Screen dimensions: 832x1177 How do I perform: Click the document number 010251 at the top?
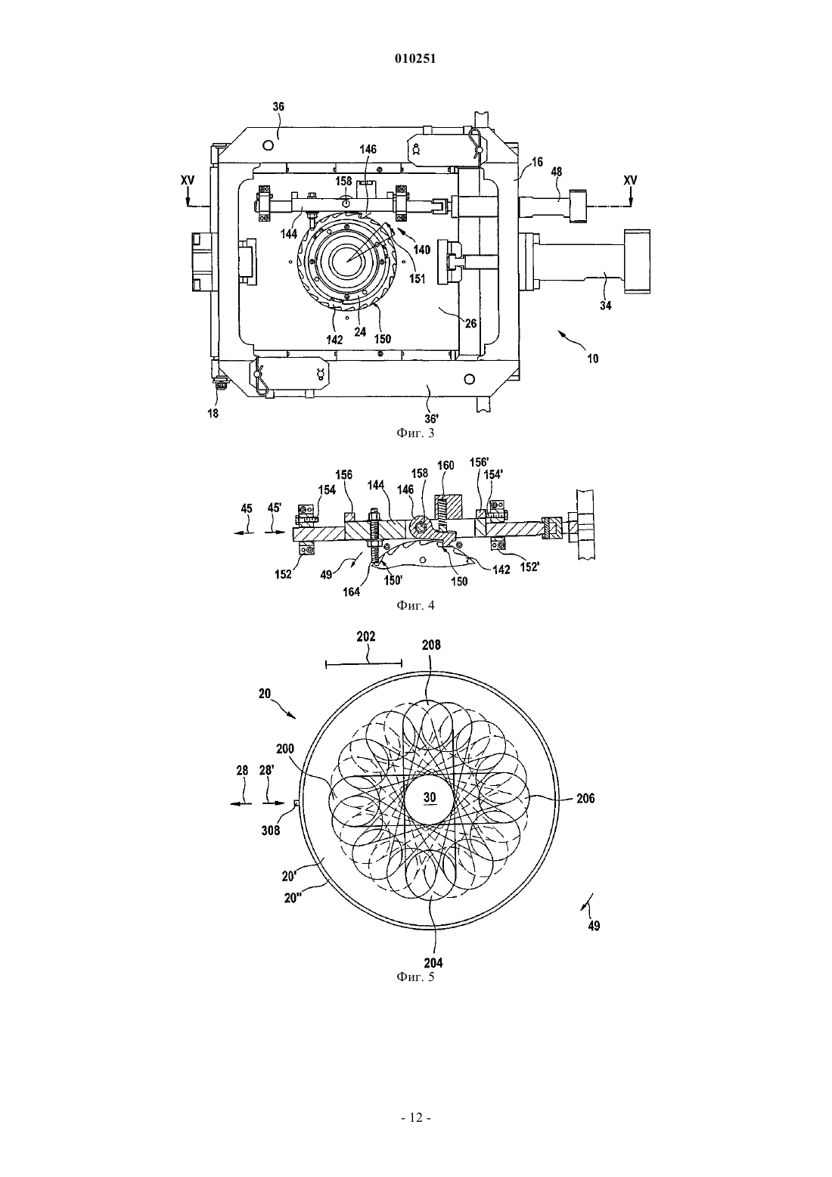[x=415, y=59]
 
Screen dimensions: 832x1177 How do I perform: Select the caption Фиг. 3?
[x=415, y=433]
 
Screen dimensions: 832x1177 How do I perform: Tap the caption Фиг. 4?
[x=415, y=605]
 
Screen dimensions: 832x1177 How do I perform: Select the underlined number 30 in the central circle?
[x=430, y=797]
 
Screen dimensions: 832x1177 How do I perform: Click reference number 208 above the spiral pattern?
[x=431, y=645]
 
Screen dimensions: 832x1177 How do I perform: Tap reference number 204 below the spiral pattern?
[x=433, y=963]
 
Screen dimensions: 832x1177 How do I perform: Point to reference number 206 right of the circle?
[x=585, y=799]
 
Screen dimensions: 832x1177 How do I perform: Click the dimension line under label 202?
[x=364, y=664]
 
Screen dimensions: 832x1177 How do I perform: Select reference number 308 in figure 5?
[x=271, y=831]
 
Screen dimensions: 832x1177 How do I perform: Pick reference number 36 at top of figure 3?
[x=278, y=107]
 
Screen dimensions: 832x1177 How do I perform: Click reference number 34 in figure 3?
[x=606, y=306]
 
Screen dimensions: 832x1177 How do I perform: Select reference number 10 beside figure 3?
[x=592, y=359]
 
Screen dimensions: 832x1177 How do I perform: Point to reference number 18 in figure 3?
[x=213, y=414]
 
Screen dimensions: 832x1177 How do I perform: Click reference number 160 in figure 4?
[x=446, y=465]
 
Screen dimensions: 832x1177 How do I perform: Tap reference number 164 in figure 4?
[x=352, y=592]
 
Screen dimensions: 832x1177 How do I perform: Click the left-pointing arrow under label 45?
[x=245, y=532]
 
